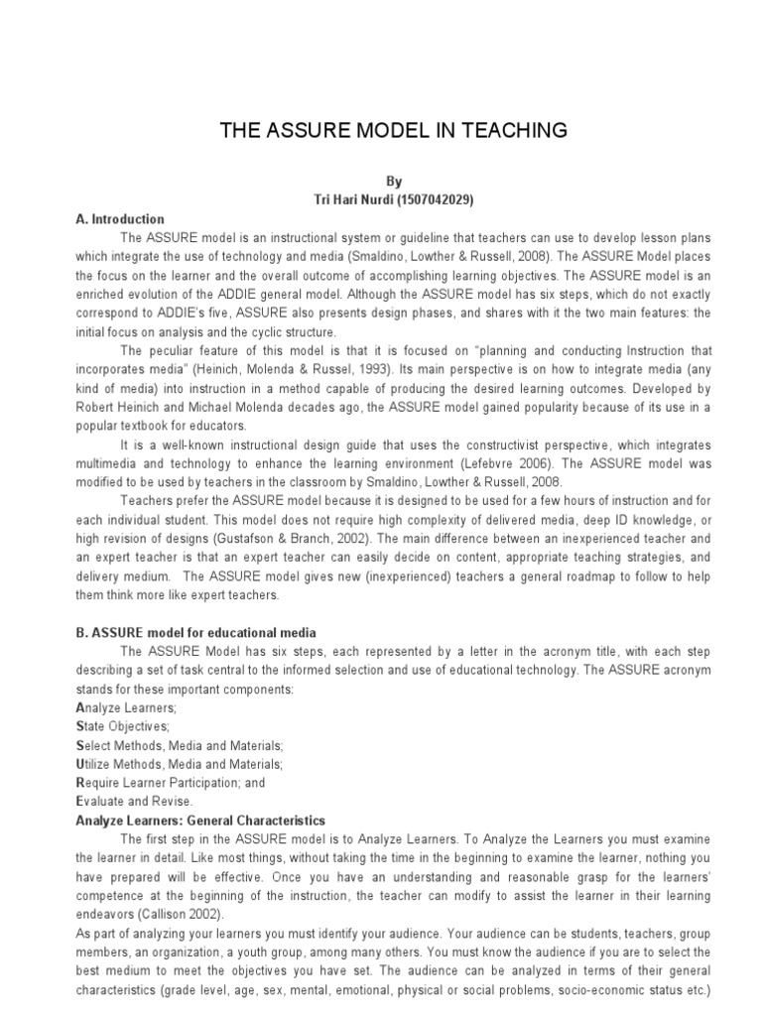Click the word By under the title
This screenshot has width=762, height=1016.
[x=394, y=182]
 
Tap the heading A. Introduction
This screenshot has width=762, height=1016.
[x=120, y=219]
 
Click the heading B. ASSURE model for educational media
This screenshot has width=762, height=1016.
[x=195, y=632]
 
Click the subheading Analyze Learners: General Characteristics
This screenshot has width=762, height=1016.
[x=200, y=821]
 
